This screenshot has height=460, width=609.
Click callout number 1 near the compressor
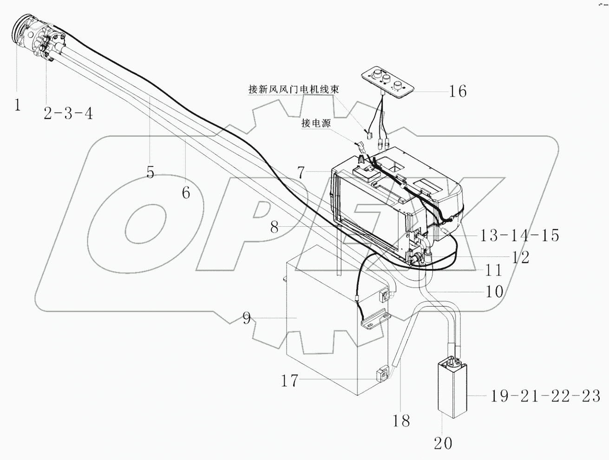pyautogui.click(x=17, y=105)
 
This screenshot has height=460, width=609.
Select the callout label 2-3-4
pyautogui.click(x=68, y=112)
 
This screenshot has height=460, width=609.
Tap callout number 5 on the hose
pyautogui.click(x=150, y=173)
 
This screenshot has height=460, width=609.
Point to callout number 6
pyautogui.click(x=186, y=192)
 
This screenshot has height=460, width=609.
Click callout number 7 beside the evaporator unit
pyautogui.click(x=301, y=173)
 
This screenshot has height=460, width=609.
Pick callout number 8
pyautogui.click(x=275, y=228)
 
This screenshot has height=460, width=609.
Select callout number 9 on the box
pyautogui.click(x=247, y=319)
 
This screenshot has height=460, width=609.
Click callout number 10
pyautogui.click(x=495, y=291)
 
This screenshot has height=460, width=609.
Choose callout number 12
pyautogui.click(x=520, y=257)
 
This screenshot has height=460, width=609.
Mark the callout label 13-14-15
pyautogui.click(x=519, y=236)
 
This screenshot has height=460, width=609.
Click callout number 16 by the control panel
pyautogui.click(x=458, y=91)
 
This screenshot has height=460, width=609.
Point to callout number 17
pyautogui.click(x=289, y=381)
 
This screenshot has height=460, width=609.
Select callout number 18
pyautogui.click(x=401, y=421)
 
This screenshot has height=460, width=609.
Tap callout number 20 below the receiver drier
pyautogui.click(x=443, y=443)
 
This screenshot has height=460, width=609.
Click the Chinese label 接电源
pyautogui.click(x=316, y=124)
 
